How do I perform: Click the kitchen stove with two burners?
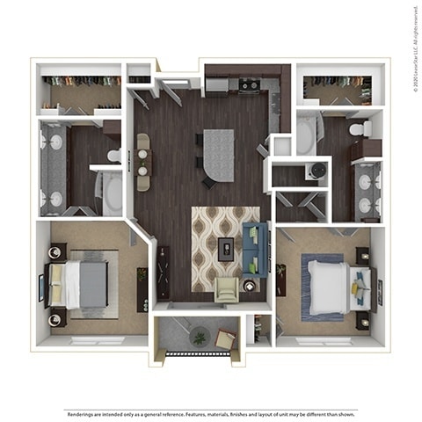click(x=249, y=85)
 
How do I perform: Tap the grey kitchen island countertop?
click(x=219, y=155)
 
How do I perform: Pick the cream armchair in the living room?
click(x=226, y=288)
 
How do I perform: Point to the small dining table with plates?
click(x=142, y=162)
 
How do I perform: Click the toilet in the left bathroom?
click(x=113, y=156)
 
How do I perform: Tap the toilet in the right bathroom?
click(x=359, y=130)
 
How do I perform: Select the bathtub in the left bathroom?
click(x=113, y=192)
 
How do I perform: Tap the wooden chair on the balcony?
click(x=225, y=338)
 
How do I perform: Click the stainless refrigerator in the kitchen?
click(x=216, y=85)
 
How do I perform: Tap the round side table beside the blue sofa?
click(x=250, y=285)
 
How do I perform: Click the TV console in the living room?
click(x=163, y=271)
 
